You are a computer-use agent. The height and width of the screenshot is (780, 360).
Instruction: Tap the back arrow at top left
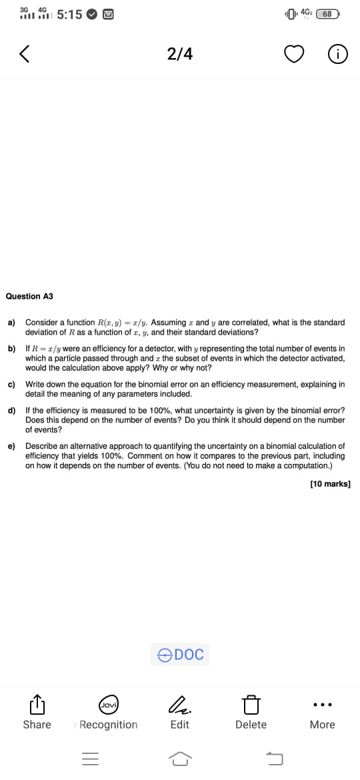coord(24,54)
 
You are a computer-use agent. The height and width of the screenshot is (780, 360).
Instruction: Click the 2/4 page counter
coord(180,54)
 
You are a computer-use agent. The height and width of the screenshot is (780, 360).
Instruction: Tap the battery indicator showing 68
coord(327,13)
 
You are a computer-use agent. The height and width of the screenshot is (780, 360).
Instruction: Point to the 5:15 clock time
coord(70,14)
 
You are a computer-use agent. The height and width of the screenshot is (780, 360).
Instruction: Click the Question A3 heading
coord(29,296)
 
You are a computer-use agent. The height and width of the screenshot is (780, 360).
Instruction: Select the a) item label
coord(11,323)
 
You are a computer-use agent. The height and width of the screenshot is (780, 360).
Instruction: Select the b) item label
coord(11,349)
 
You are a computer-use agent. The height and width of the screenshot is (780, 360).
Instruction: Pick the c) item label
coord(11,384)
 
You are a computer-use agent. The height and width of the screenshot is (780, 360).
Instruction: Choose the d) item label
coord(11,411)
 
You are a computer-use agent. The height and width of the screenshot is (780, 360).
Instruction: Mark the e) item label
coord(11,446)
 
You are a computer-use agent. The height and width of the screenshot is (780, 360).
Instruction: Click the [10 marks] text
coord(330,484)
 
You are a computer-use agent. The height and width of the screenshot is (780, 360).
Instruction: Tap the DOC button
coord(180,655)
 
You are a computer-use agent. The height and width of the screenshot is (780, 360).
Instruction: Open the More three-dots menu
coord(323,705)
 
